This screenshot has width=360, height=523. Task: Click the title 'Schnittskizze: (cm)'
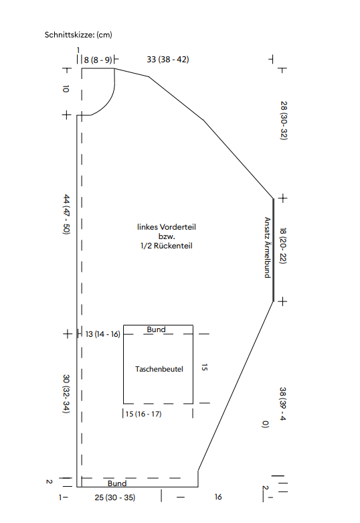pyautogui.click(x=78, y=35)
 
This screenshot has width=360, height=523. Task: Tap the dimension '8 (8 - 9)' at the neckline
pyautogui.click(x=98, y=60)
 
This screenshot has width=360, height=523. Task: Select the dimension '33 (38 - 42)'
pyautogui.click(x=168, y=60)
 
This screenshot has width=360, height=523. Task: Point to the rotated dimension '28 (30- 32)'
pyautogui.click(x=284, y=121)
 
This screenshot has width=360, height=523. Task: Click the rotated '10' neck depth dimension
pyautogui.click(x=66, y=88)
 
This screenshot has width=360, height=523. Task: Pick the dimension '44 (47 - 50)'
pyautogui.click(x=66, y=214)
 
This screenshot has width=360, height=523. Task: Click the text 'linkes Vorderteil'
pyautogui.click(x=167, y=227)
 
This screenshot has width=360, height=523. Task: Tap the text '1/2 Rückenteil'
pyautogui.click(x=167, y=246)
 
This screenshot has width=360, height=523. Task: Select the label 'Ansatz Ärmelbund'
pyautogui.click(x=268, y=248)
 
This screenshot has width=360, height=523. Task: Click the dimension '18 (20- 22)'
pyautogui.click(x=283, y=246)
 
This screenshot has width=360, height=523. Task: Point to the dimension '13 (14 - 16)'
pyautogui.click(x=102, y=334)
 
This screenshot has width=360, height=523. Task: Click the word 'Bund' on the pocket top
pyautogui.click(x=156, y=329)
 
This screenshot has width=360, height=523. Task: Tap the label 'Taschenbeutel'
pyautogui.click(x=159, y=369)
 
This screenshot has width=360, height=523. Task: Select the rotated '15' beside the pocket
pyautogui.click(x=204, y=367)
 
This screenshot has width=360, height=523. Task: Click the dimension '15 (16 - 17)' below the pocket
pyautogui.click(x=143, y=414)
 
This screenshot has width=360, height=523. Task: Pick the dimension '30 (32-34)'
pyautogui.click(x=66, y=394)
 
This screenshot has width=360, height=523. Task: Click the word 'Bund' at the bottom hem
pyautogui.click(x=117, y=483)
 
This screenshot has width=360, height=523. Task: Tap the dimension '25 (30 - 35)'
pyautogui.click(x=114, y=498)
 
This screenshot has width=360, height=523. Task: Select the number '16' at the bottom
pyautogui.click(x=218, y=497)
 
